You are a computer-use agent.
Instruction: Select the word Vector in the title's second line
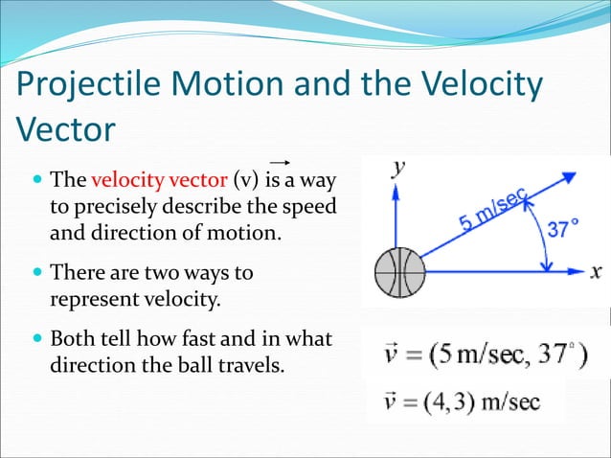point(64,130)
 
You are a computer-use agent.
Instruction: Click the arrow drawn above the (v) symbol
point(280,163)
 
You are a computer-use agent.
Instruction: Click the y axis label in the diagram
point(397,168)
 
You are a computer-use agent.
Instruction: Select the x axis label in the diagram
point(596,270)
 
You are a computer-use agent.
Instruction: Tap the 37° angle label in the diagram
point(562,230)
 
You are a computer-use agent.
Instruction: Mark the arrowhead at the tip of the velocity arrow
point(567,178)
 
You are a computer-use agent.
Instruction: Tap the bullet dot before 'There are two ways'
point(37,273)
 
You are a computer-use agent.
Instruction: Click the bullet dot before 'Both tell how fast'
point(37,339)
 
